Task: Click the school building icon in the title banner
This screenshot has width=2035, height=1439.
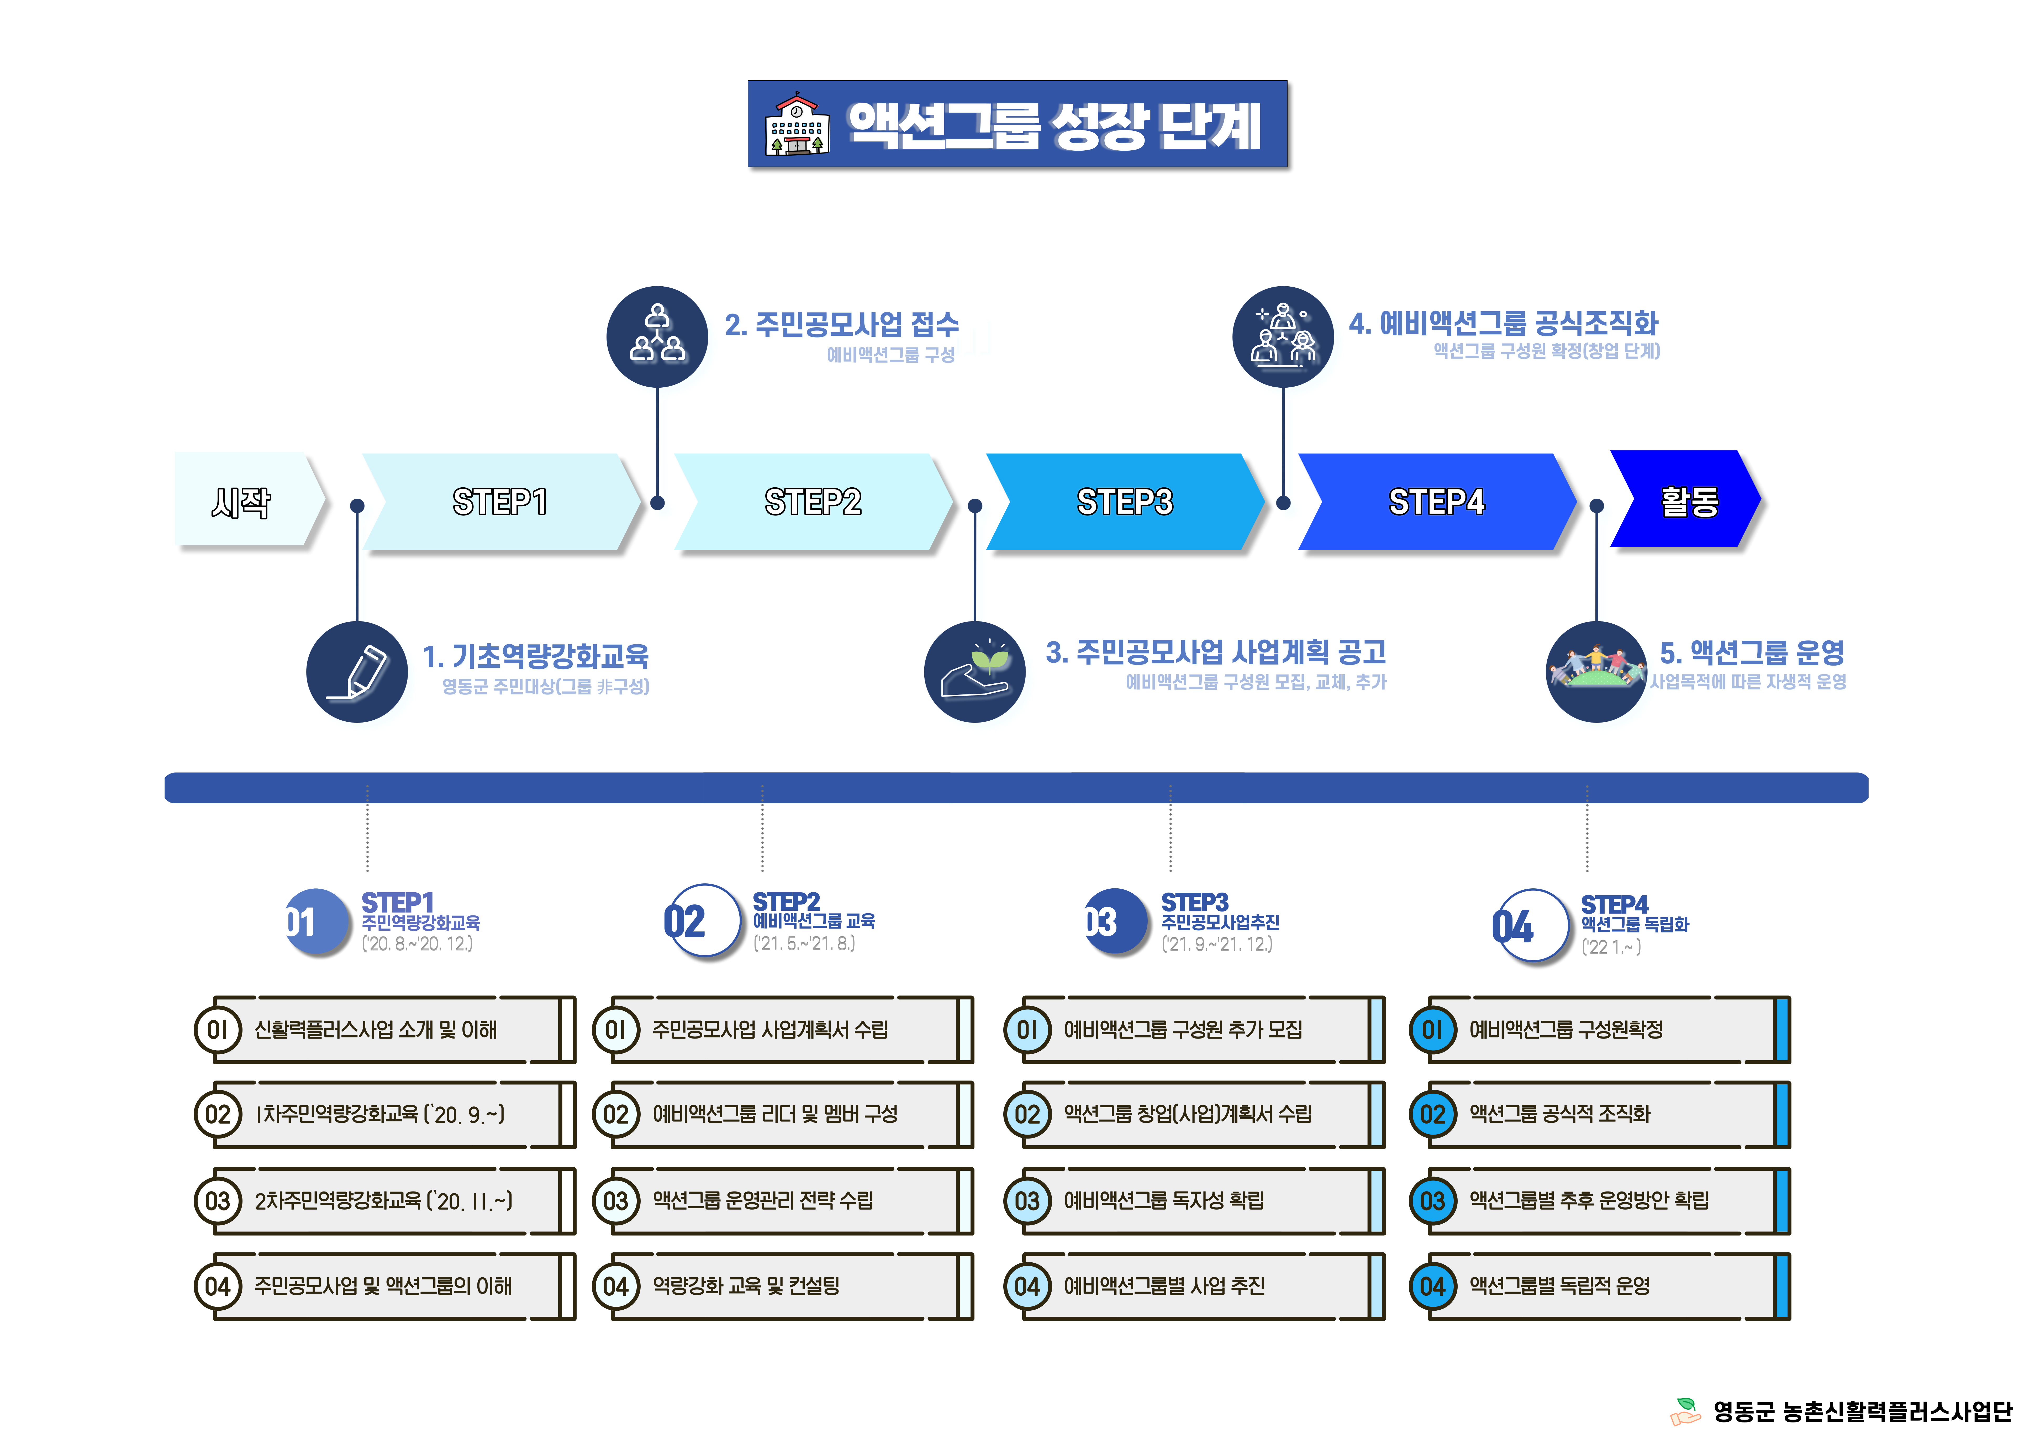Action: [797, 125]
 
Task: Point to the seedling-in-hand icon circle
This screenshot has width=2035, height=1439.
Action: [974, 672]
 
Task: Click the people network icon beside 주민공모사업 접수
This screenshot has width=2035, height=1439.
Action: [657, 337]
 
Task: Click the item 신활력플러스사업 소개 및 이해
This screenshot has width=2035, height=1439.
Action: [376, 1030]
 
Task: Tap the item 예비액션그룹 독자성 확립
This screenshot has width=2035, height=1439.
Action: [1164, 1201]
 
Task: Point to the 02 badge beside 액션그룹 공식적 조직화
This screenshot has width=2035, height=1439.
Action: [1432, 1115]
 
